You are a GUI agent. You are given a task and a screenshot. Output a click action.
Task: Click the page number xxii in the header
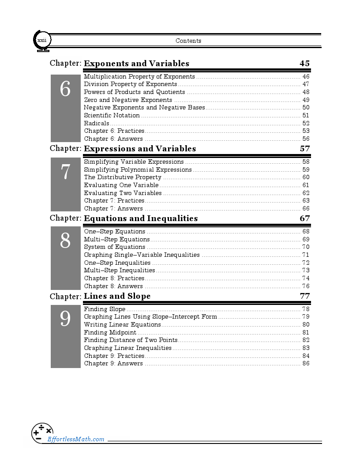point(42,41)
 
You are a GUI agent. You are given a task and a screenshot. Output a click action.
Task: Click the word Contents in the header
point(188,41)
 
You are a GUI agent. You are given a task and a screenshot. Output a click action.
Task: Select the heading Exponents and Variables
point(136,64)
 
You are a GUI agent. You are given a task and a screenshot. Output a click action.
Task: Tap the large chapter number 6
point(65,90)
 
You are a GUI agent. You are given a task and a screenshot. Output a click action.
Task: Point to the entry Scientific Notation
point(112,116)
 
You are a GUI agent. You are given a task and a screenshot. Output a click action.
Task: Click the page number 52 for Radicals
point(306,124)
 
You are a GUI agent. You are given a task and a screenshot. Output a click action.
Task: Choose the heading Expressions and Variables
point(140,149)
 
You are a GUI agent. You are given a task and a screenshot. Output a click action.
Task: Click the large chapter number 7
point(65,172)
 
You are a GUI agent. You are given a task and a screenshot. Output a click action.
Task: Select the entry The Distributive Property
point(123,177)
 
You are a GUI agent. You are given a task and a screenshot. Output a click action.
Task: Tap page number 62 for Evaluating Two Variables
point(306,193)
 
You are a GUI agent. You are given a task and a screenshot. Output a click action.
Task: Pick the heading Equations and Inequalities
point(141,218)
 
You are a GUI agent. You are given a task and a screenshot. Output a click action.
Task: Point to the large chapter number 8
point(65,241)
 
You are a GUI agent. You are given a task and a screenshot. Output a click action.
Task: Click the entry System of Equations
point(114,247)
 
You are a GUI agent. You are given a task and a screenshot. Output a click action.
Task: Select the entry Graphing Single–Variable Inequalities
point(142,255)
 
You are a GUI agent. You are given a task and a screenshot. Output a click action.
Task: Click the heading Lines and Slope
point(117,296)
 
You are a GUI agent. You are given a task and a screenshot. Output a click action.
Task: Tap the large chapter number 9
point(65,319)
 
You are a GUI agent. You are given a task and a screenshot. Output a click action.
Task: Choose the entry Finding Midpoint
point(110,333)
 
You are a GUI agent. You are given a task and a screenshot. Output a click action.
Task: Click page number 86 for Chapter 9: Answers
point(306,364)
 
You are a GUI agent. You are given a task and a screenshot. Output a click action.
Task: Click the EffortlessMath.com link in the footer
point(76,439)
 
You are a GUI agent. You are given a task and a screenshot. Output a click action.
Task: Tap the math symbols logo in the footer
point(42,433)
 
